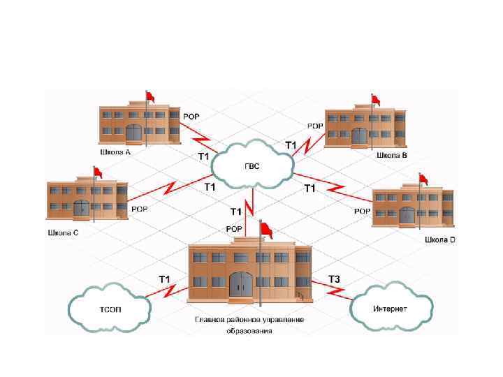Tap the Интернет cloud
(391, 308)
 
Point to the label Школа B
(391, 156)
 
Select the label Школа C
(62, 233)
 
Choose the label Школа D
(439, 239)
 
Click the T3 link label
(335, 279)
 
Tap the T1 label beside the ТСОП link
(165, 279)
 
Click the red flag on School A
(150, 96)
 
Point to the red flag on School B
(375, 98)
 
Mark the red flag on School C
(97, 172)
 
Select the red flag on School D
(423, 179)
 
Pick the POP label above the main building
(234, 229)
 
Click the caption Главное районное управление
(249, 320)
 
